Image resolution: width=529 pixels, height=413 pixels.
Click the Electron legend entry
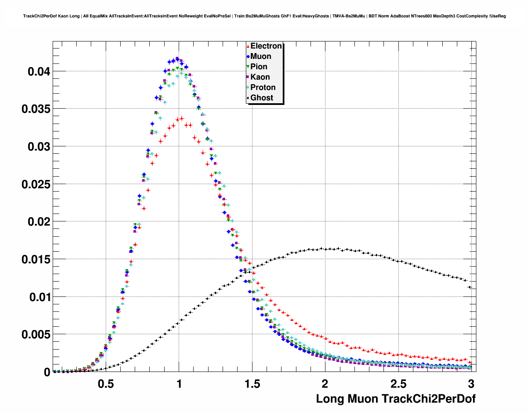tap(266, 46)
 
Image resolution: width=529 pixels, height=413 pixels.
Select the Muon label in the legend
tap(261, 56)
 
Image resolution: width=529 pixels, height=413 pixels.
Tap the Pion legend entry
tap(259, 67)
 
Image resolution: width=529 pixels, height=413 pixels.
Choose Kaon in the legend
tap(260, 77)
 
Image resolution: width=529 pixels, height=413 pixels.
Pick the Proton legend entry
tap(263, 87)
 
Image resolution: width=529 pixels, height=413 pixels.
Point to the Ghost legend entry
tap(262, 98)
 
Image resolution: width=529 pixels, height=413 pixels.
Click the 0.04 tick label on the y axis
tap(39, 72)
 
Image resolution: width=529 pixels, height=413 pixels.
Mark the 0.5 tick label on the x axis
tap(106, 384)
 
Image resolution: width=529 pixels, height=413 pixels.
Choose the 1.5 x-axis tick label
tap(252, 384)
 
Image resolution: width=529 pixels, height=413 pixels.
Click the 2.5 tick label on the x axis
tap(398, 384)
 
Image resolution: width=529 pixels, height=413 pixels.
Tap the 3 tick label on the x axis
tap(471, 384)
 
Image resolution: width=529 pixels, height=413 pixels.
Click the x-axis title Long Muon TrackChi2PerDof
tap(396, 399)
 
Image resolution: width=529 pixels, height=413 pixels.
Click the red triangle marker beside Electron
tap(248, 46)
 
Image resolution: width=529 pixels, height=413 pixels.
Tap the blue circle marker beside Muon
tap(248, 57)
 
